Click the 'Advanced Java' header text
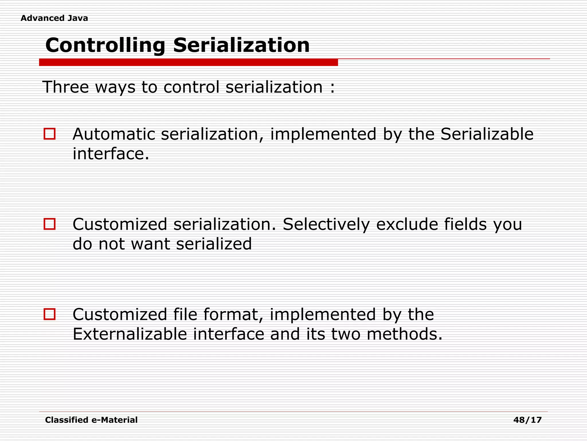tap(54, 18)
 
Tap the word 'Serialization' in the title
tap(241, 45)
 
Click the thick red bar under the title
tap(188, 62)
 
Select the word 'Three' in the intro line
tap(66, 87)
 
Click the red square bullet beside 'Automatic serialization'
tap(50, 134)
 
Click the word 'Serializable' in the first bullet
tap(487, 134)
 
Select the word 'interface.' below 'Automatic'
tap(111, 154)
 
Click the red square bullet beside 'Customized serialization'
tap(50, 224)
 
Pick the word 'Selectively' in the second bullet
tap(326, 224)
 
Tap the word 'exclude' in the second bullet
tap(407, 224)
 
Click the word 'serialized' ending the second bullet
tap(214, 244)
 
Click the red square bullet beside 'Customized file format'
tap(50, 314)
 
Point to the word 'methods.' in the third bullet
tap(404, 334)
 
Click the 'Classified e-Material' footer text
tap(91, 420)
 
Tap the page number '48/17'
tap(527, 420)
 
